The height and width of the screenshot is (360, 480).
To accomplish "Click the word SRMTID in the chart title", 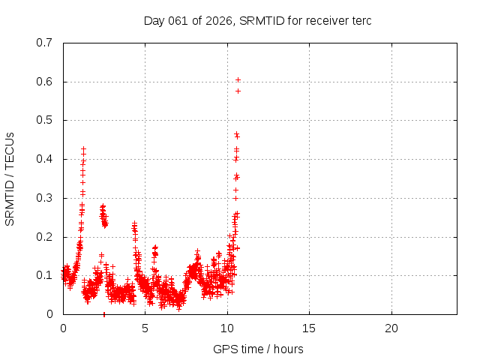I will pos(262,21).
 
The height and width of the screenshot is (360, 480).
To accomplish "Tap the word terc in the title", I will pos(360,21).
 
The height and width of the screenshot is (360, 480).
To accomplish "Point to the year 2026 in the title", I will pos(220,21).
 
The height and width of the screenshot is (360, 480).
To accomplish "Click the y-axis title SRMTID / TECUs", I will pos(10,178).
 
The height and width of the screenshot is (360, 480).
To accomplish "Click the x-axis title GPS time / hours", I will pos(258,349).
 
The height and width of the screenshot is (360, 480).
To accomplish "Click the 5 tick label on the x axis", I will pos(145,328).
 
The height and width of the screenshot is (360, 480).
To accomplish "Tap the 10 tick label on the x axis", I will pos(227,328).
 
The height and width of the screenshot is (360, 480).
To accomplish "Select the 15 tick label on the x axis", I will pos(309,328).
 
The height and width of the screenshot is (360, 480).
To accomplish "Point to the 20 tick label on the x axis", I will pos(391,328).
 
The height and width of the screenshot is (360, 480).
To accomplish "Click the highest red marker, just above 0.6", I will pos(238,79).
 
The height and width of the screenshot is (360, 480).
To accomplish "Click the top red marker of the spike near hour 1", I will pos(83,149).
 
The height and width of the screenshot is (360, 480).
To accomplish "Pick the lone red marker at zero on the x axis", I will pos(103,314).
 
